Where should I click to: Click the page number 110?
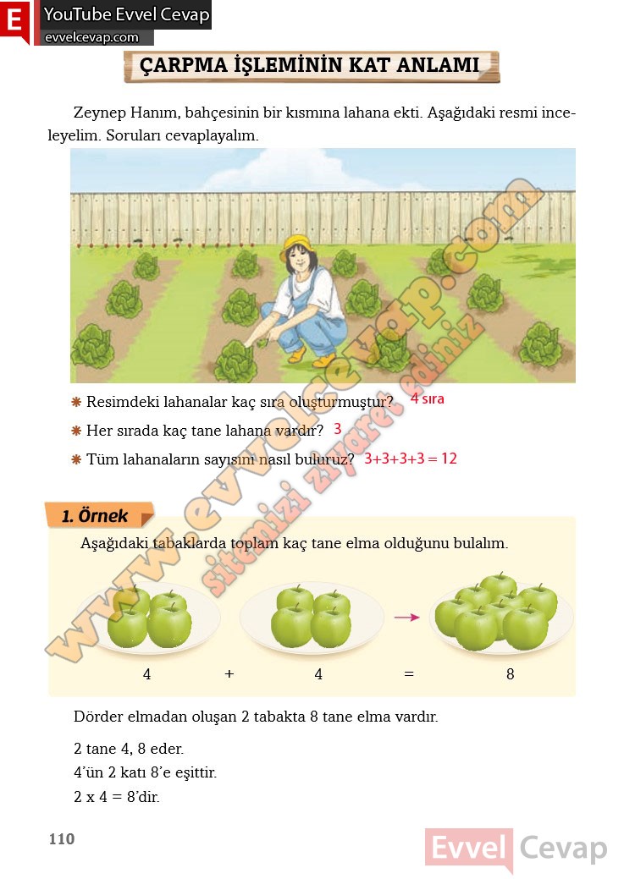62,839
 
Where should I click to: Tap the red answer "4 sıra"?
427,398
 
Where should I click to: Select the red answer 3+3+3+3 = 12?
411,459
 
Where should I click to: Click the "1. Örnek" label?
96,516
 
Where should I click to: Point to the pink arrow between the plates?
407,617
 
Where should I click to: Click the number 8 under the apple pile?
510,674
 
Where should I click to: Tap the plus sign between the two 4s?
229,674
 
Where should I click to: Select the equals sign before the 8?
409,674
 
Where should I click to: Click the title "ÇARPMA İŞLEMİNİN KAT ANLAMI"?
310,65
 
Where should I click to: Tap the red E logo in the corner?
14,21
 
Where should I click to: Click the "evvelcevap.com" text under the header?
91,37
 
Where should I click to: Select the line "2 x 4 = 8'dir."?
117,797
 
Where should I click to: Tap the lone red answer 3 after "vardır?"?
337,430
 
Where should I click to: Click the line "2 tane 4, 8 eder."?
129,749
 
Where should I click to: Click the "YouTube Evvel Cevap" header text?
126,14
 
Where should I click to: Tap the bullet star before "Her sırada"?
76,431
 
